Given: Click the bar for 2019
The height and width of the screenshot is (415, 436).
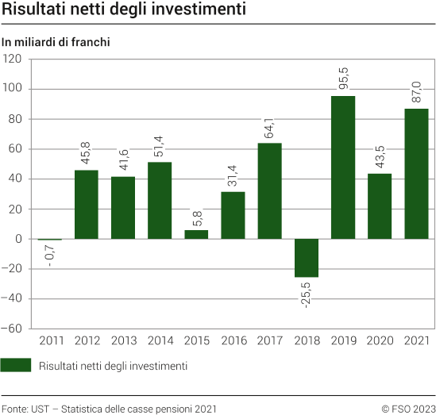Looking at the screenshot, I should [x=343, y=167].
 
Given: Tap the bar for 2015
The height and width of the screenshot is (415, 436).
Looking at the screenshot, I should [x=196, y=234].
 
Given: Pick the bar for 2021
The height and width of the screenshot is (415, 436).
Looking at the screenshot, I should [x=416, y=174].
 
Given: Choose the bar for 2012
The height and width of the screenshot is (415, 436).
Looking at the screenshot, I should [x=87, y=205].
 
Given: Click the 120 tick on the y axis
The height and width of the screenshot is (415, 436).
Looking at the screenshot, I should [x=14, y=60].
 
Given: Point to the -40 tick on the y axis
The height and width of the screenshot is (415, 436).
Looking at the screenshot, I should [x=14, y=299].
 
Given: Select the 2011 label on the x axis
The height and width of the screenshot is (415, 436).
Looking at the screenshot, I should [x=50, y=340].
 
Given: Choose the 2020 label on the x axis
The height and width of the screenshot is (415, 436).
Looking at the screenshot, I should [x=380, y=340].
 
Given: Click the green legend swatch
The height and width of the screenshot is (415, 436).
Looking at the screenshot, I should [x=16, y=366].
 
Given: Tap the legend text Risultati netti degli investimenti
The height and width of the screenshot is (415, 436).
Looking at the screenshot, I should [x=113, y=366].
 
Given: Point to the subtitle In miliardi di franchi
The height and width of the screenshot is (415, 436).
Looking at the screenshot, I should [x=55, y=42].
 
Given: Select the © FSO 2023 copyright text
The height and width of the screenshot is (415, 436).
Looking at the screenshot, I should [x=407, y=409].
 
